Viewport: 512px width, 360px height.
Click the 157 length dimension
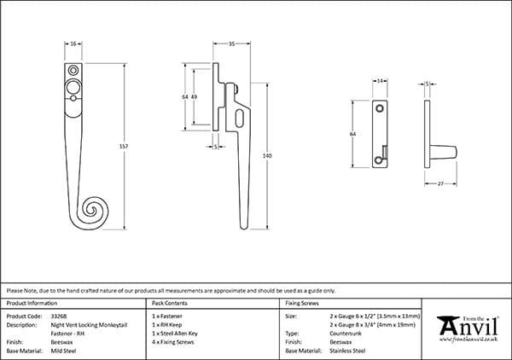click(125, 147)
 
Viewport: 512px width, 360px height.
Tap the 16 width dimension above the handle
click(73, 42)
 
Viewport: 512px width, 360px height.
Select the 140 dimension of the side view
click(267, 156)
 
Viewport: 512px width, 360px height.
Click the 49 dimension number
click(195, 97)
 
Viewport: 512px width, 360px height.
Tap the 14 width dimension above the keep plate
click(378, 81)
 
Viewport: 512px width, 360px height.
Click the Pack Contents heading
click(171, 303)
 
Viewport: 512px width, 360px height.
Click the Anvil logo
click(467, 329)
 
